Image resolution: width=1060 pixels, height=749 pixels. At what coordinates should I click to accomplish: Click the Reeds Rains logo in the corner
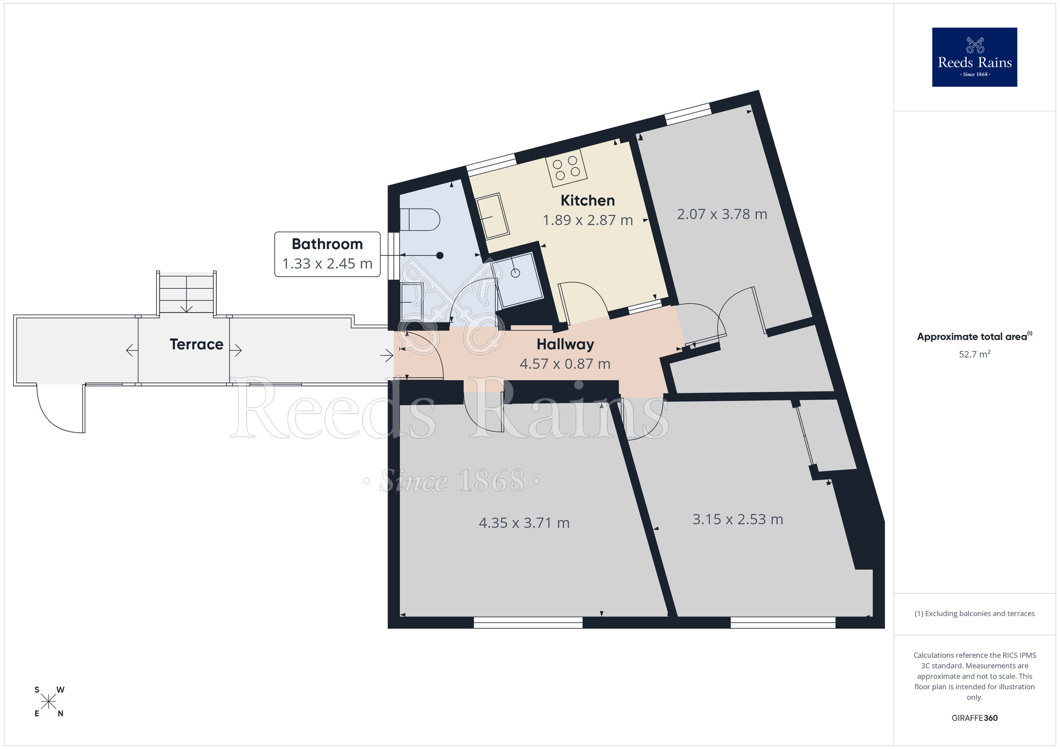[974, 57]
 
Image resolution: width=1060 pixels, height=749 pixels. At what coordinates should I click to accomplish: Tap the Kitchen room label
[588, 200]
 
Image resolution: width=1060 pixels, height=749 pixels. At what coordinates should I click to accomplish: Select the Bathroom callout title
[327, 244]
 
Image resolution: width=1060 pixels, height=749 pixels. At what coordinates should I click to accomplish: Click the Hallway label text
[565, 344]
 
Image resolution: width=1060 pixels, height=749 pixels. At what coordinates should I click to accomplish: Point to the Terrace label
[196, 344]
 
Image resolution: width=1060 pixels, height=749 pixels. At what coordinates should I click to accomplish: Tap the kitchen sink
[492, 216]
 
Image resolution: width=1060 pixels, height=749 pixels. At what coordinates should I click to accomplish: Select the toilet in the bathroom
[420, 219]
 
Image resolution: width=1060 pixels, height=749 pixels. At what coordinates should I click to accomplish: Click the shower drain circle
[515, 273]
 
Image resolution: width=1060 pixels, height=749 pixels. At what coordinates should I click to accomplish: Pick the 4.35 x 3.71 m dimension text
[524, 523]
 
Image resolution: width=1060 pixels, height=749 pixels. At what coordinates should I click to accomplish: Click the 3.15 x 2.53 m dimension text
[738, 519]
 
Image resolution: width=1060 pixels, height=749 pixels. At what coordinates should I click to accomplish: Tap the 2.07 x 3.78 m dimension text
[722, 214]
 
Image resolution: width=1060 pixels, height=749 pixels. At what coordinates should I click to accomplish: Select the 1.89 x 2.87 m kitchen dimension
[588, 220]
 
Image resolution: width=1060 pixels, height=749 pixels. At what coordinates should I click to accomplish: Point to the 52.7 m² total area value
[974, 354]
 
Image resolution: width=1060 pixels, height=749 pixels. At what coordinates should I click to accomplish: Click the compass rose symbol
[49, 702]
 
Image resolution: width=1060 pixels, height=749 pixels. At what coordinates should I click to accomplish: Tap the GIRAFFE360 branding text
[974, 718]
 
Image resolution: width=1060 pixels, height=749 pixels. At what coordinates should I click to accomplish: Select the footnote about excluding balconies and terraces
[974, 613]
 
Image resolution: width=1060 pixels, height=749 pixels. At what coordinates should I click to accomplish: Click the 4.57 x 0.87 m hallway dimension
[565, 364]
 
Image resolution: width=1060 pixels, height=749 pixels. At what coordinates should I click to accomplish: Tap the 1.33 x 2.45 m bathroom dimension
[327, 263]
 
